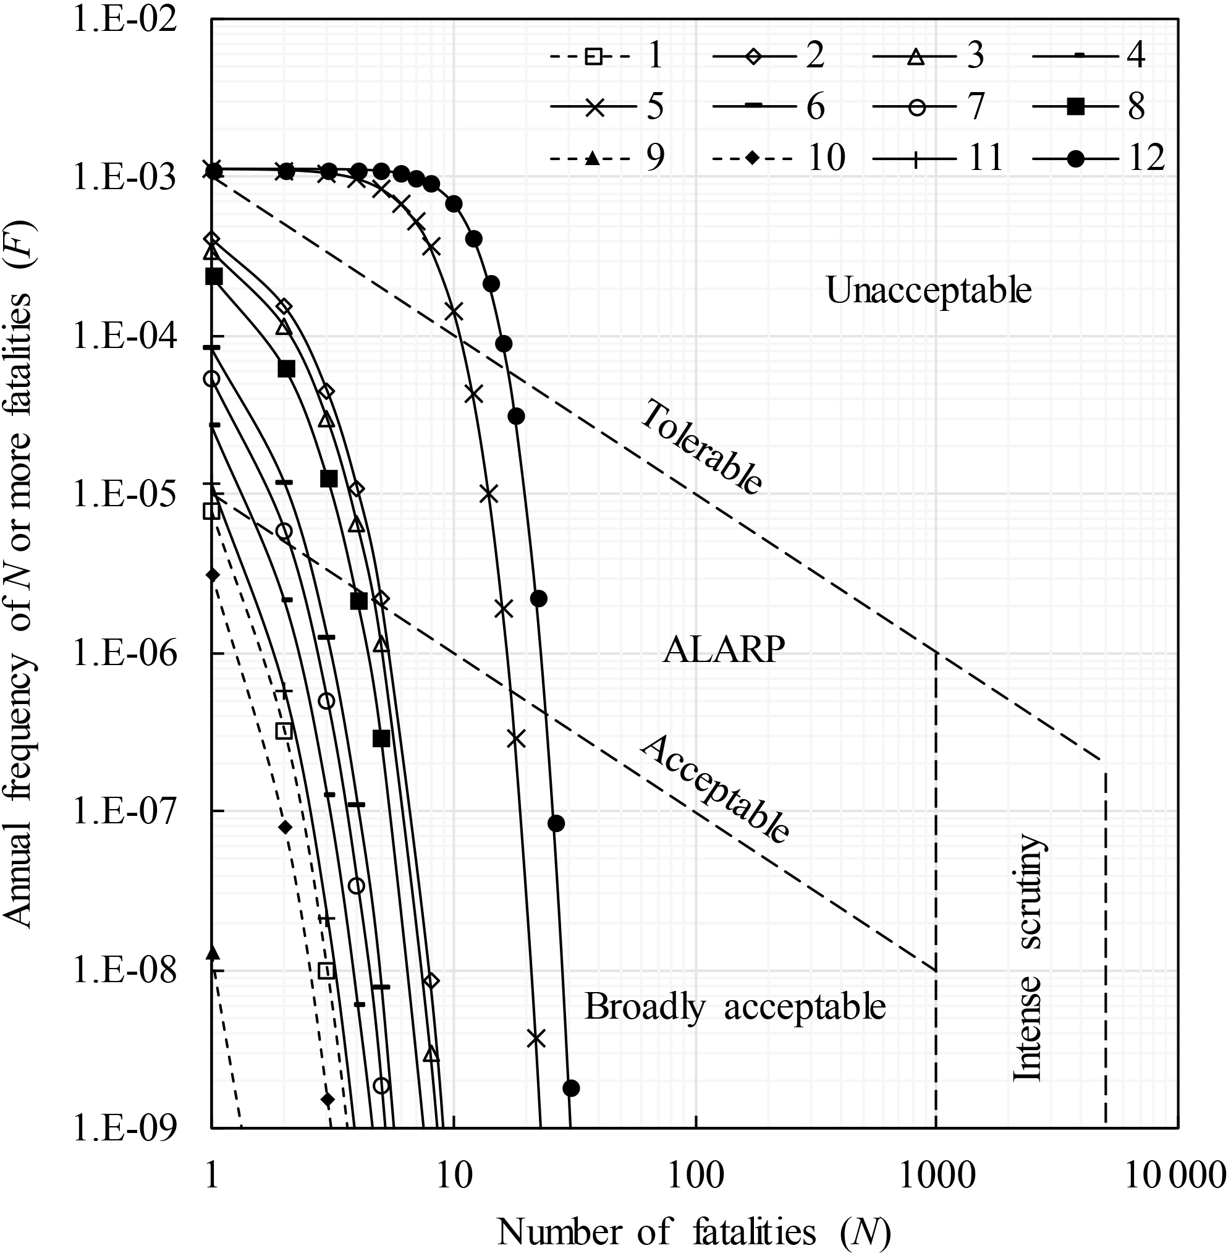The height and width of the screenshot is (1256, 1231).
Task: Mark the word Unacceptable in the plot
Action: pos(928,291)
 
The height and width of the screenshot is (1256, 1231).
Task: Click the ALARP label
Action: pos(724,651)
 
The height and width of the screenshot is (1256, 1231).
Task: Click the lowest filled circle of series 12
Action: pos(570,1088)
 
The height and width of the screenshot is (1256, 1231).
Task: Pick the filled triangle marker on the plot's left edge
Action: pos(213,953)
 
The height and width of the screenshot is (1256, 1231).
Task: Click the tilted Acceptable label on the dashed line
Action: pos(715,790)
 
